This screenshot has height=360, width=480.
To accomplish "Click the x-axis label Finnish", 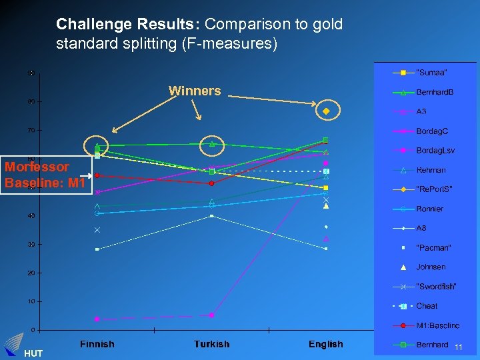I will [x=97, y=344].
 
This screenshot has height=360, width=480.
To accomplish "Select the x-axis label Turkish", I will [x=211, y=344].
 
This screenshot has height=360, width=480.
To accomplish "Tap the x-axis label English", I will [x=325, y=344].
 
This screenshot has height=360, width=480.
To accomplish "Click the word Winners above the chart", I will [x=195, y=91].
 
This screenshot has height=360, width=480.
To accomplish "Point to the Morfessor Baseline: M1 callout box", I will [x=45, y=175].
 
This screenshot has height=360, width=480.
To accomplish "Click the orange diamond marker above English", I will [x=326, y=111].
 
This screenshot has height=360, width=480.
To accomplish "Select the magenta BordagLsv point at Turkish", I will [x=211, y=315].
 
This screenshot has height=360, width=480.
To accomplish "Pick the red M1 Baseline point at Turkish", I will [x=211, y=183].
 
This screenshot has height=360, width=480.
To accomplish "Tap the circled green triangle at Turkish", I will [x=212, y=144].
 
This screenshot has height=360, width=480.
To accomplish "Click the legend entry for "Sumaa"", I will [x=431, y=72].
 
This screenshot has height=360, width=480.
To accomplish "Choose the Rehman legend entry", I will [x=431, y=170].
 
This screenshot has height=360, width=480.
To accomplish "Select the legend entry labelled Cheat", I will [x=427, y=306].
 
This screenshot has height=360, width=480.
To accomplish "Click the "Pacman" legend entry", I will [x=433, y=247].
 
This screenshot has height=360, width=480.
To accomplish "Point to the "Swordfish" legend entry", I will [x=436, y=287].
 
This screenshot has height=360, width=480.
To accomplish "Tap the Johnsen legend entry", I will [x=431, y=267].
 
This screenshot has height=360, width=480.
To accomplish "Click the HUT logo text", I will [x=32, y=353].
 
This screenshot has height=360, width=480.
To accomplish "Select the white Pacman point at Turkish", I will [x=211, y=216].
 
